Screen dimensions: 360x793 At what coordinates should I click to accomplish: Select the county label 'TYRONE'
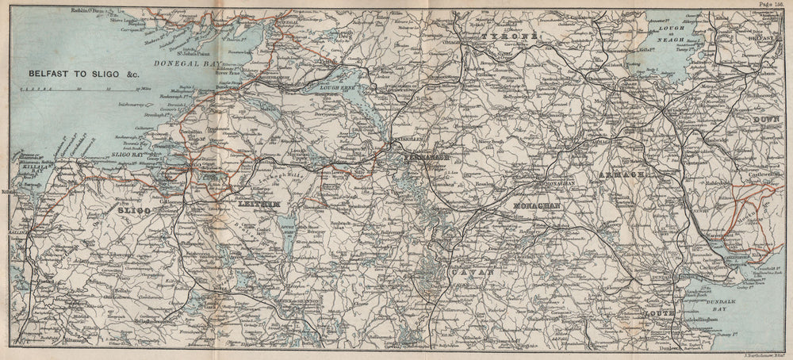[x=508, y=37]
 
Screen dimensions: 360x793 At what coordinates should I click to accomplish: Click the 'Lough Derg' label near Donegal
[x=343, y=35]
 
